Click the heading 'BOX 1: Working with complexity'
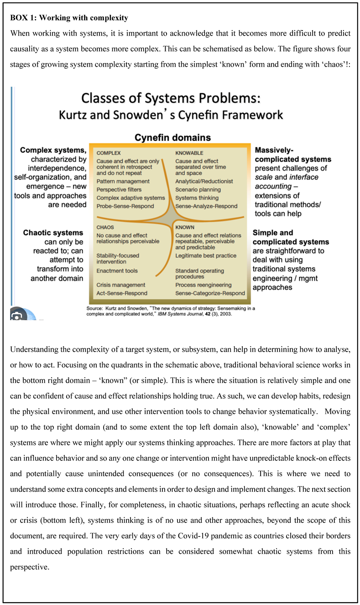[69, 18]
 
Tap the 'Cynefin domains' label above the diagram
[172, 137]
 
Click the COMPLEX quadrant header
[109, 153]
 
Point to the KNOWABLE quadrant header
[189, 153]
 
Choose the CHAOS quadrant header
[105, 227]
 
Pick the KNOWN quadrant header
[185, 227]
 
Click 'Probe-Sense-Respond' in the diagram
[125, 206]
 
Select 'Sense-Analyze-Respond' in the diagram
[206, 206]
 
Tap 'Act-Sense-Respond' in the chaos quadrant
[122, 293]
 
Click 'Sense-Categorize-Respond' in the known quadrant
[210, 293]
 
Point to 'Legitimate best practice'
[206, 256]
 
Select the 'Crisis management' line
[121, 285]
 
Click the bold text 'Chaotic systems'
[53, 233]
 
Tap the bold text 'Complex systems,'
[53, 150]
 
